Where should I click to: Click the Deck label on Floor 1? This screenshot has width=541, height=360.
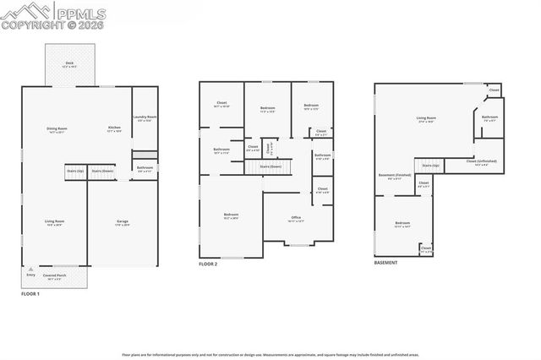pyautogui.click(x=70, y=64)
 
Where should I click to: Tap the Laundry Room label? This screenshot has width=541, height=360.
pyautogui.click(x=145, y=117)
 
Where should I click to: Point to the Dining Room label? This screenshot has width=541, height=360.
pyautogui.click(x=57, y=128)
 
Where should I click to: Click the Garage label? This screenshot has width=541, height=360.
pyautogui.click(x=123, y=221)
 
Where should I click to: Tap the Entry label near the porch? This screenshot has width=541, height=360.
pyautogui.click(x=31, y=275)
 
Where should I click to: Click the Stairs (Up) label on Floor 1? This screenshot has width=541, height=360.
pyautogui.click(x=75, y=171)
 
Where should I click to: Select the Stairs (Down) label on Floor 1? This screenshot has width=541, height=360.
pyautogui.click(x=102, y=171)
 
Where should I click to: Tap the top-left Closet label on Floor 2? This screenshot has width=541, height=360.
pyautogui.click(x=221, y=105)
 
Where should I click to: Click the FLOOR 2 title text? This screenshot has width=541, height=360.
pyautogui.click(x=208, y=264)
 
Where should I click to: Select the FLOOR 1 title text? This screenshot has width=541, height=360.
pyautogui.click(x=30, y=293)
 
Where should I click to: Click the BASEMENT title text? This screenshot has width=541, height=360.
pyautogui.click(x=385, y=262)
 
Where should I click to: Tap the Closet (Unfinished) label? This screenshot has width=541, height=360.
pyautogui.click(x=479, y=162)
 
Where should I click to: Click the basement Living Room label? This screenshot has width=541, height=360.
pyautogui.click(x=425, y=118)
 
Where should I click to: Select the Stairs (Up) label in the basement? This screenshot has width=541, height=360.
pyautogui.click(x=430, y=165)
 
